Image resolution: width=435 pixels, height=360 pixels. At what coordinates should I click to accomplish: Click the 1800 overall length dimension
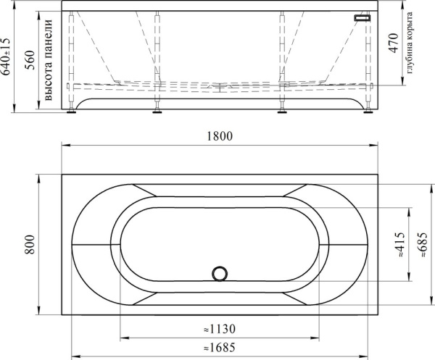[220, 136]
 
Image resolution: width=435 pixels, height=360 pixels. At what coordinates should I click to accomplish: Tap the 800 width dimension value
[30, 244]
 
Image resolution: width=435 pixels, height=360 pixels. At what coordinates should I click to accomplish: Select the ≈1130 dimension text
[220, 330]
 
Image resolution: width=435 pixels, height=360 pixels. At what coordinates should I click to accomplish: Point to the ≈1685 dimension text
[220, 348]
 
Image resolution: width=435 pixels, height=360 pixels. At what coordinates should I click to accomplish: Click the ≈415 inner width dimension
[400, 244]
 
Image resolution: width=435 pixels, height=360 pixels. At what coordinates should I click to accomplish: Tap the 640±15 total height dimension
[5, 56]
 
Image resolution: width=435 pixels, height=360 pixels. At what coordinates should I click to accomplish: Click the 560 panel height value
[30, 60]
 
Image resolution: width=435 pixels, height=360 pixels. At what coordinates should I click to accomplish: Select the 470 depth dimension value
[393, 43]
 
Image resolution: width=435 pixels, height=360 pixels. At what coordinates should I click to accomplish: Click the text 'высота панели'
[48, 60]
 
